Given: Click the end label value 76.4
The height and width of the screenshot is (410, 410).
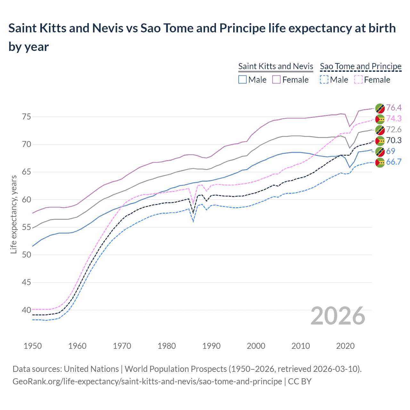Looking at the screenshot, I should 394,108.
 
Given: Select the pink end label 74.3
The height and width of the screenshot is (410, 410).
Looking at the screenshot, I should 394,119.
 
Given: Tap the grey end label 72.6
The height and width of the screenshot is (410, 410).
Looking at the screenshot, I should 394,129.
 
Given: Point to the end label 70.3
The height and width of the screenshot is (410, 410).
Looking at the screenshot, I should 394,140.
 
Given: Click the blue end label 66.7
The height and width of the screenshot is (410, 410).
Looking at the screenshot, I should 394,162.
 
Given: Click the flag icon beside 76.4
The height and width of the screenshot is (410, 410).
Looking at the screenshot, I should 380,108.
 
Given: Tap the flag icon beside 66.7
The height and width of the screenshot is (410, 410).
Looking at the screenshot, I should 380,163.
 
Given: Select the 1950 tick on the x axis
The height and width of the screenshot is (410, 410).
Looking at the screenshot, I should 33,346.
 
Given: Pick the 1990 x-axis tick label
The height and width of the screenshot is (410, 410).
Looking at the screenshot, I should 211,346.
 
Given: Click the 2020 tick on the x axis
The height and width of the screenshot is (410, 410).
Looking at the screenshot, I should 345,346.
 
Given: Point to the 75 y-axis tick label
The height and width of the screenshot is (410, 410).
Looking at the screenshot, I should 27,117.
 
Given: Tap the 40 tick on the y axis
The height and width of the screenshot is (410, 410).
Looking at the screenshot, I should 27,310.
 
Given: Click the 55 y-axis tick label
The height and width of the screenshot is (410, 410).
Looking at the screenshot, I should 27,227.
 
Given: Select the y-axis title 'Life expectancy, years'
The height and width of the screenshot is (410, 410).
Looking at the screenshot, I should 13,214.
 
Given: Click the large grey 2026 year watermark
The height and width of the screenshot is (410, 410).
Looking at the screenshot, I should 338,316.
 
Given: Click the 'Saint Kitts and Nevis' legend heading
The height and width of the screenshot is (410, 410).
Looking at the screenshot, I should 275,66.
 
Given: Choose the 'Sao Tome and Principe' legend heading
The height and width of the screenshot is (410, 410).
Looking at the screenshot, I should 361,66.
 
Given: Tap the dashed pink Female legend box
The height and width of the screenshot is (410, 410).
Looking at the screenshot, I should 358,79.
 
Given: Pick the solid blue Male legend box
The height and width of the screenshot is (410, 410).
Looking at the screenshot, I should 242,79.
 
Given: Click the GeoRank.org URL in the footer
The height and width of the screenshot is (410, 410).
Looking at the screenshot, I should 147,381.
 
